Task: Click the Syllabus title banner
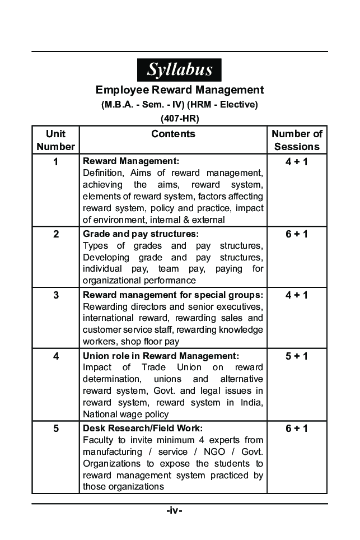179,70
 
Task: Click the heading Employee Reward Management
179,90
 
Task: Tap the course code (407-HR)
179,118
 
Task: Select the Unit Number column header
55,140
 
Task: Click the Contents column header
173,134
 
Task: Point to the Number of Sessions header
297,140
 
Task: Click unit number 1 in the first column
55,162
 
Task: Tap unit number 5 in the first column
55,429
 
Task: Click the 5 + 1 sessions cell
297,356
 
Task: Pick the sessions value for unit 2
297,234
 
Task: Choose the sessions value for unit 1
297,162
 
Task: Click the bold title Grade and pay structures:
141,234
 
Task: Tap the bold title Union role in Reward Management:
161,356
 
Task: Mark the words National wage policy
125,415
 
